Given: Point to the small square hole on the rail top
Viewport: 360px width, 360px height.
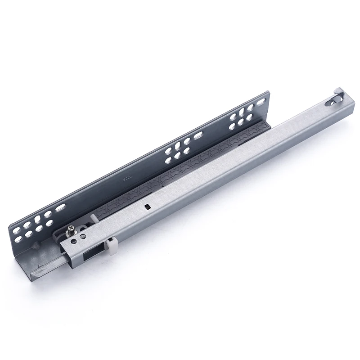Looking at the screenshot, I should click(147, 207).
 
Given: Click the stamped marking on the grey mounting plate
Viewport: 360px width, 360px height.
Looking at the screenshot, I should click(127, 179).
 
